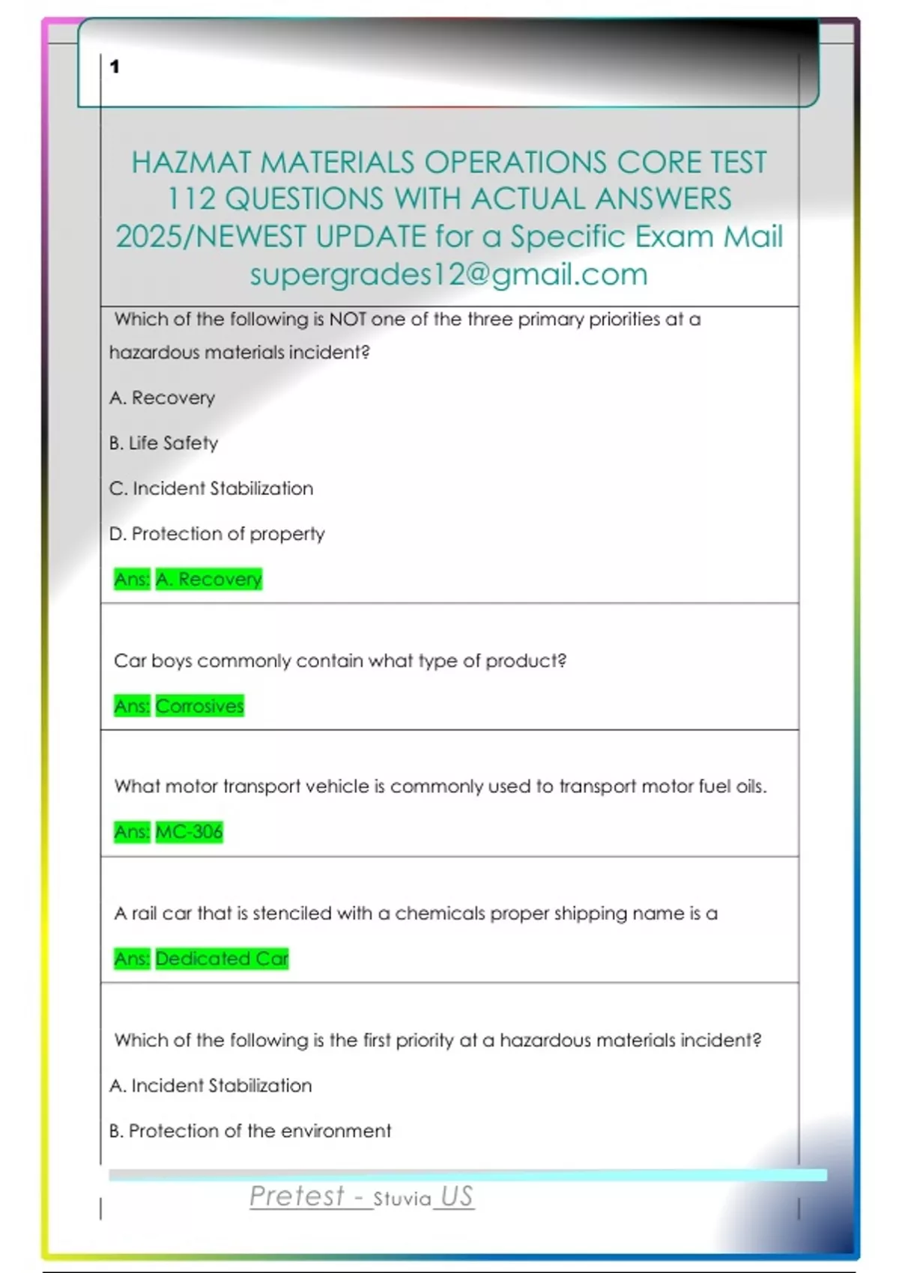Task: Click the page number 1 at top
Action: click(x=115, y=67)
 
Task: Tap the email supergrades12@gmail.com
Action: click(x=448, y=274)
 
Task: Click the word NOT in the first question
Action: click(x=348, y=320)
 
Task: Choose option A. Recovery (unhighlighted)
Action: click(x=162, y=398)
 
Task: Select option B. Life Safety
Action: click(x=163, y=443)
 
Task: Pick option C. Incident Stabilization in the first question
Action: click(x=211, y=488)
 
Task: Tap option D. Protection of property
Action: click(x=217, y=534)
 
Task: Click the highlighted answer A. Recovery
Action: click(x=208, y=579)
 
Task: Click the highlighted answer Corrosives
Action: click(x=199, y=705)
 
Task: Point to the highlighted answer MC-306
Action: click(x=189, y=831)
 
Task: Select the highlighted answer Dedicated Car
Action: click(x=222, y=958)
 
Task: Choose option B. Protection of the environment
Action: click(x=249, y=1131)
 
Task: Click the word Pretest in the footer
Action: click(x=297, y=1196)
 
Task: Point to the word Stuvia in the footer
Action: click(x=402, y=1199)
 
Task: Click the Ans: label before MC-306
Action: click(x=132, y=831)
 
